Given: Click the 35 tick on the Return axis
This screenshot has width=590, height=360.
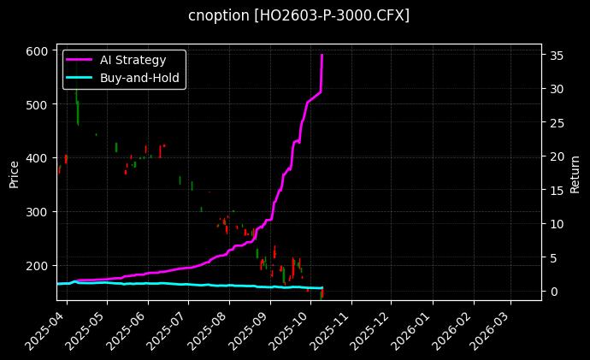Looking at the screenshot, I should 556,56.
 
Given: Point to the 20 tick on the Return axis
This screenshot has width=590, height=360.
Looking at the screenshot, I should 556,156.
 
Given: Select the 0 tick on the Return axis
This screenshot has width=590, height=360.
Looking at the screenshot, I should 552,292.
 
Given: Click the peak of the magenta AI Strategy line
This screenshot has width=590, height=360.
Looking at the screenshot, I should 322,55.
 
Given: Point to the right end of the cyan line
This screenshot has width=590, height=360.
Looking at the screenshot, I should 322,288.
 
